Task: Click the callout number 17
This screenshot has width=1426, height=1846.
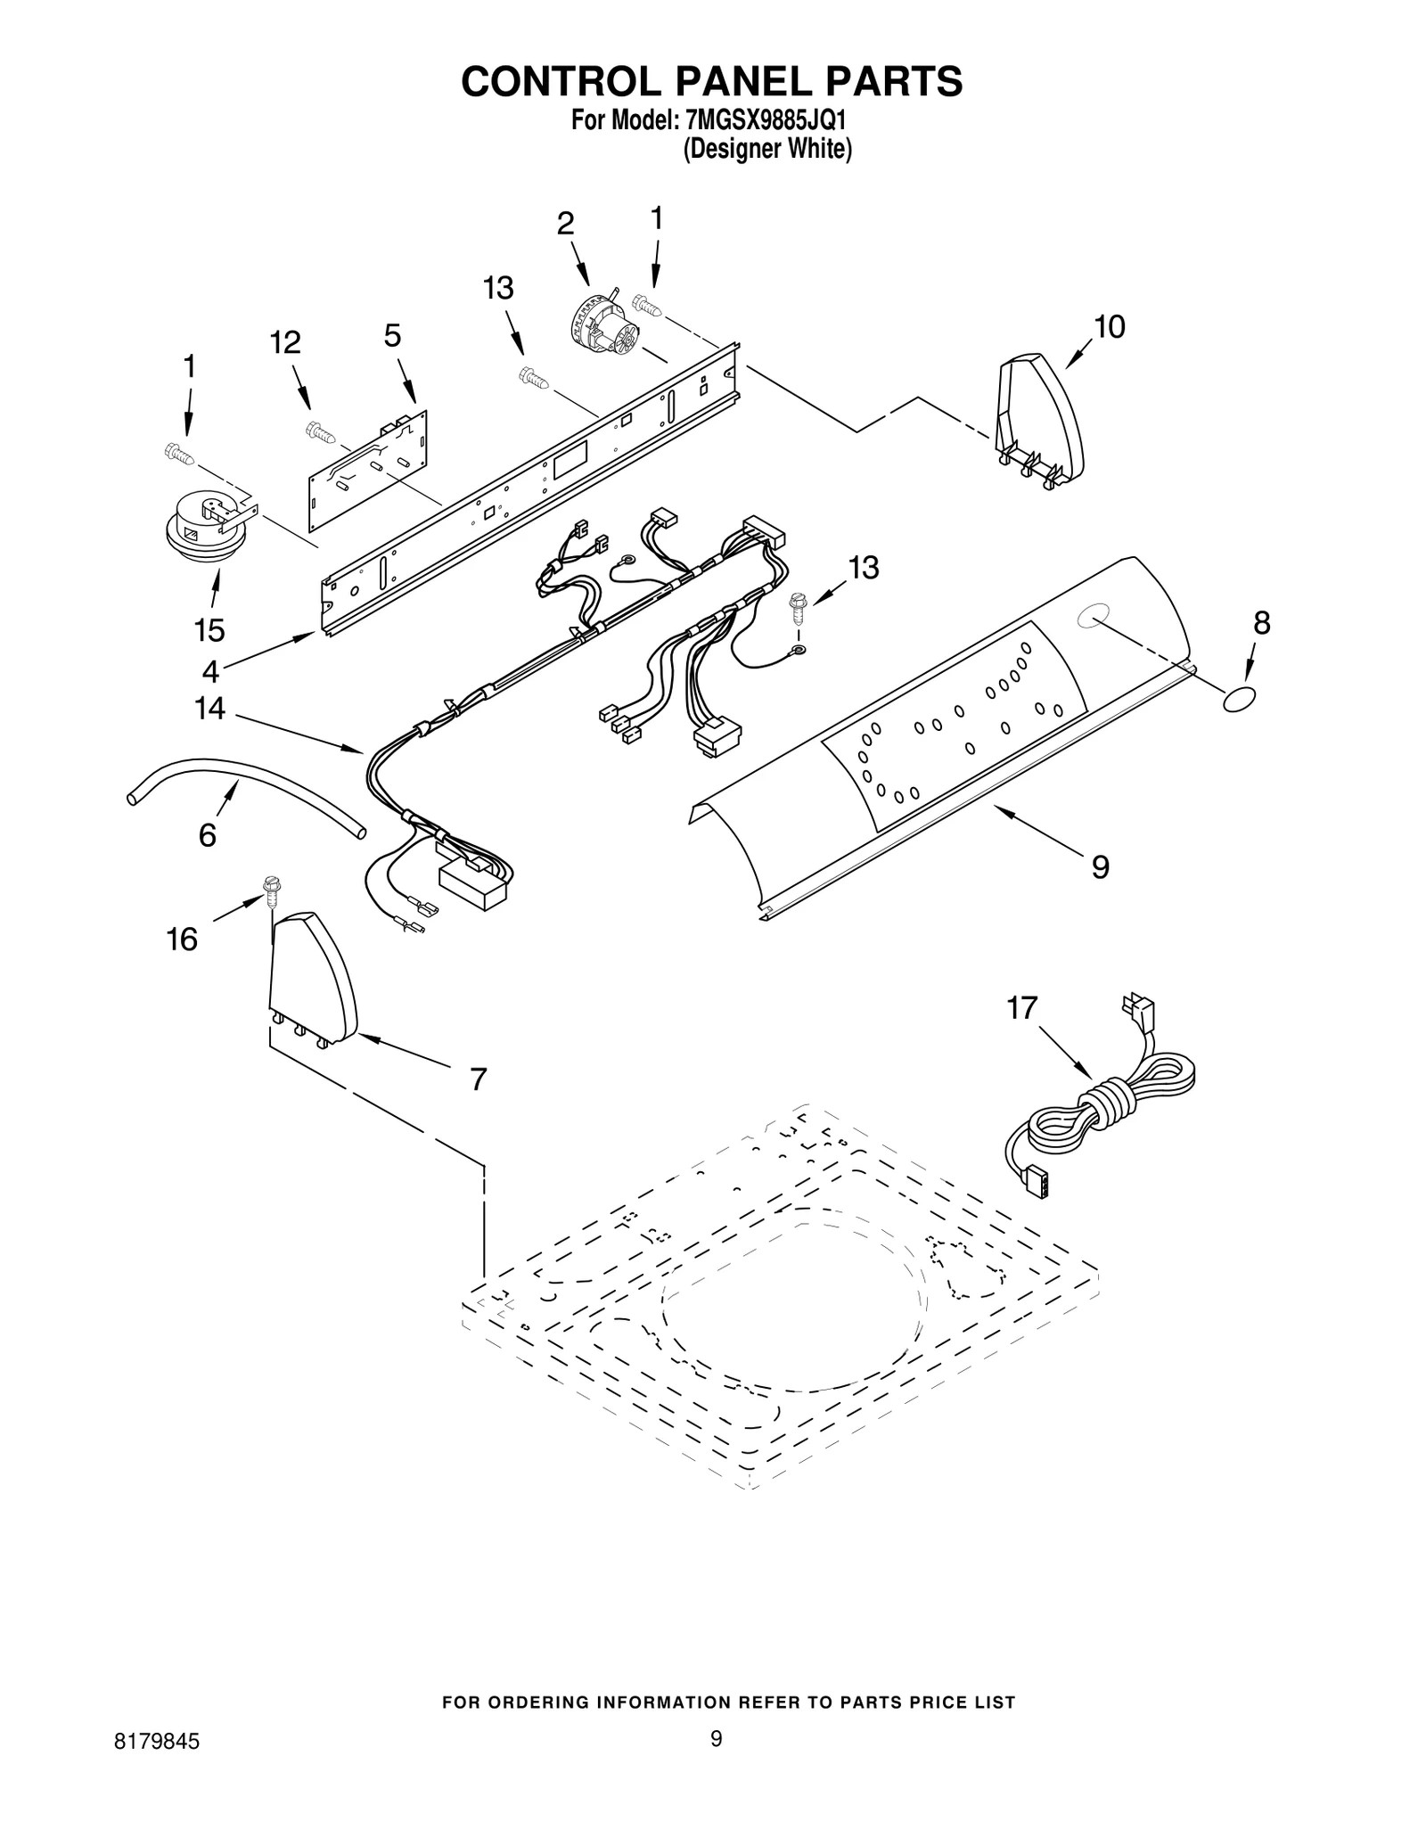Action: tap(1022, 1008)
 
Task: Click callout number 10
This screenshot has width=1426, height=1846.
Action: tap(1109, 327)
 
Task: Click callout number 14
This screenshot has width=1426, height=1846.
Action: tap(210, 709)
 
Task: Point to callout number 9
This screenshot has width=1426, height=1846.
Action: tap(1101, 867)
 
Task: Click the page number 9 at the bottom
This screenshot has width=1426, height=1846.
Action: tap(716, 1762)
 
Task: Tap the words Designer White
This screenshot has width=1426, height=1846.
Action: tap(767, 149)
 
